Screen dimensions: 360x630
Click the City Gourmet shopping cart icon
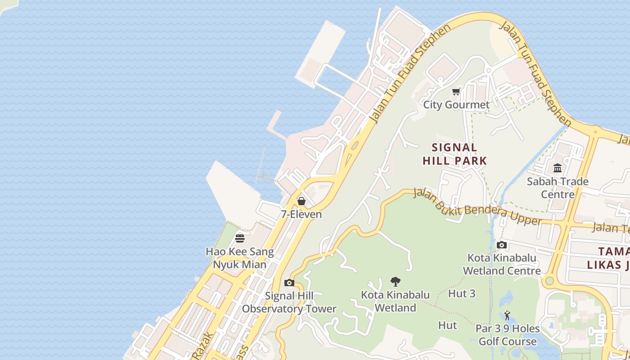coord(456,92)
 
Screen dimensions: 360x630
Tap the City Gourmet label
coord(456,105)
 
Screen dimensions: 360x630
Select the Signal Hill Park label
coord(454,154)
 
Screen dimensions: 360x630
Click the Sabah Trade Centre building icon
coord(558,168)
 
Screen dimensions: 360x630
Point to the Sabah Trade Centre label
coord(558,188)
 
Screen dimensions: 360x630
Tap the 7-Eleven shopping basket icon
coord(301,201)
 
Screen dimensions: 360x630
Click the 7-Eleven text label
coord(301,214)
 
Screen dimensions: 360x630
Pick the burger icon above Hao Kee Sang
coord(240,238)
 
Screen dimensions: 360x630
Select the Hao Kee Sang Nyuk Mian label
coord(240,258)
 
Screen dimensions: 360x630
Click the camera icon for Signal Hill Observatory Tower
coord(289,283)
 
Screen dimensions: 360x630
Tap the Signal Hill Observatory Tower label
coord(289,302)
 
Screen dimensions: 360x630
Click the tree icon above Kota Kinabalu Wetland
coord(396,282)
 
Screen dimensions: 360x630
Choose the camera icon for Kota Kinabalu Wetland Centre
coord(502,245)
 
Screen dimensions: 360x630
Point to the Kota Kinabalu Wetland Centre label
coord(502,264)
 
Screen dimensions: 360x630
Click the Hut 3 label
coord(462,293)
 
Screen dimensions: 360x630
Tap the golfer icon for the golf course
coord(508,315)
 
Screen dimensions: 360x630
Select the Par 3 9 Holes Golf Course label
coord(508,335)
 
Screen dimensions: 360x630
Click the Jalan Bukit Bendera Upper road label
coord(477,207)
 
